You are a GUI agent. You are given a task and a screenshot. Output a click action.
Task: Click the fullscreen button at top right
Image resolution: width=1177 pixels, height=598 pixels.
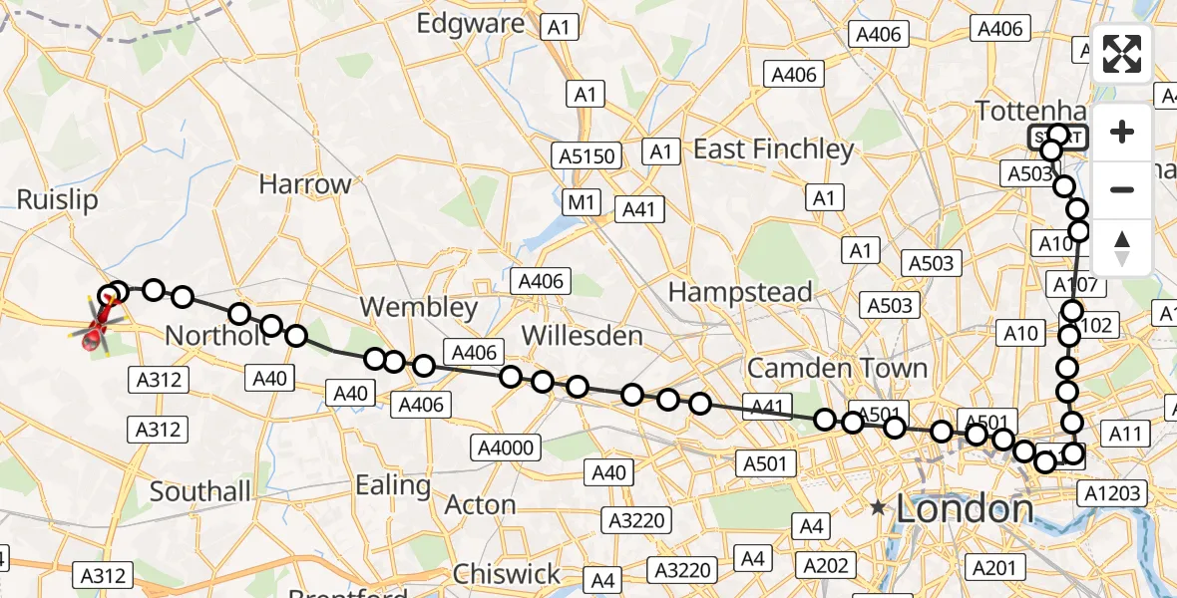point(1122,54)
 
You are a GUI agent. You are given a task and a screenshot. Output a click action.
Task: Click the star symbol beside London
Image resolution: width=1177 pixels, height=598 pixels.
point(878,508)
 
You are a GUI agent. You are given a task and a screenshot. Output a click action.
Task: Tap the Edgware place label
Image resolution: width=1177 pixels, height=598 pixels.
point(471,23)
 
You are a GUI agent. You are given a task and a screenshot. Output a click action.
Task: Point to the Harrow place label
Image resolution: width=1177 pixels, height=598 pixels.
point(305,184)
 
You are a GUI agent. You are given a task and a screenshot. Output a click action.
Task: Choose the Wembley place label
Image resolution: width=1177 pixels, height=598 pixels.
point(420,307)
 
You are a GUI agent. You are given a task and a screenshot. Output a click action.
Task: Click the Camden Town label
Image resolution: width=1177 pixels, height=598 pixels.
point(837,368)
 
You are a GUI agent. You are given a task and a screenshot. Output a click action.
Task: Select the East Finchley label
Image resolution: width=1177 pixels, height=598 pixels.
point(774,149)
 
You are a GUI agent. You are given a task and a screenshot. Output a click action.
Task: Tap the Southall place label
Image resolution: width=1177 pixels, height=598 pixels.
point(200,491)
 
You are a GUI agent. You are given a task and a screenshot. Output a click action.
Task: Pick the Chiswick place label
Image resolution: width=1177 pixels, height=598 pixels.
point(507,574)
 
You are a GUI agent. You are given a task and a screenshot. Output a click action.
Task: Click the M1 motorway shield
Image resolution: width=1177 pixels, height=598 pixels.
point(582,203)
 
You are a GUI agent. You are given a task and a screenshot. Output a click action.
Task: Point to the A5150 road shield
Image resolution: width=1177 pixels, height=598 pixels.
point(588,155)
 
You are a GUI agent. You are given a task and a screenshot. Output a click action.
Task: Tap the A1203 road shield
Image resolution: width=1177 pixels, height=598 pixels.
point(1115,493)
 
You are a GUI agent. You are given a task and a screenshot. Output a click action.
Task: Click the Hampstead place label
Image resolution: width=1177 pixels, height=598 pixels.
point(740,292)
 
